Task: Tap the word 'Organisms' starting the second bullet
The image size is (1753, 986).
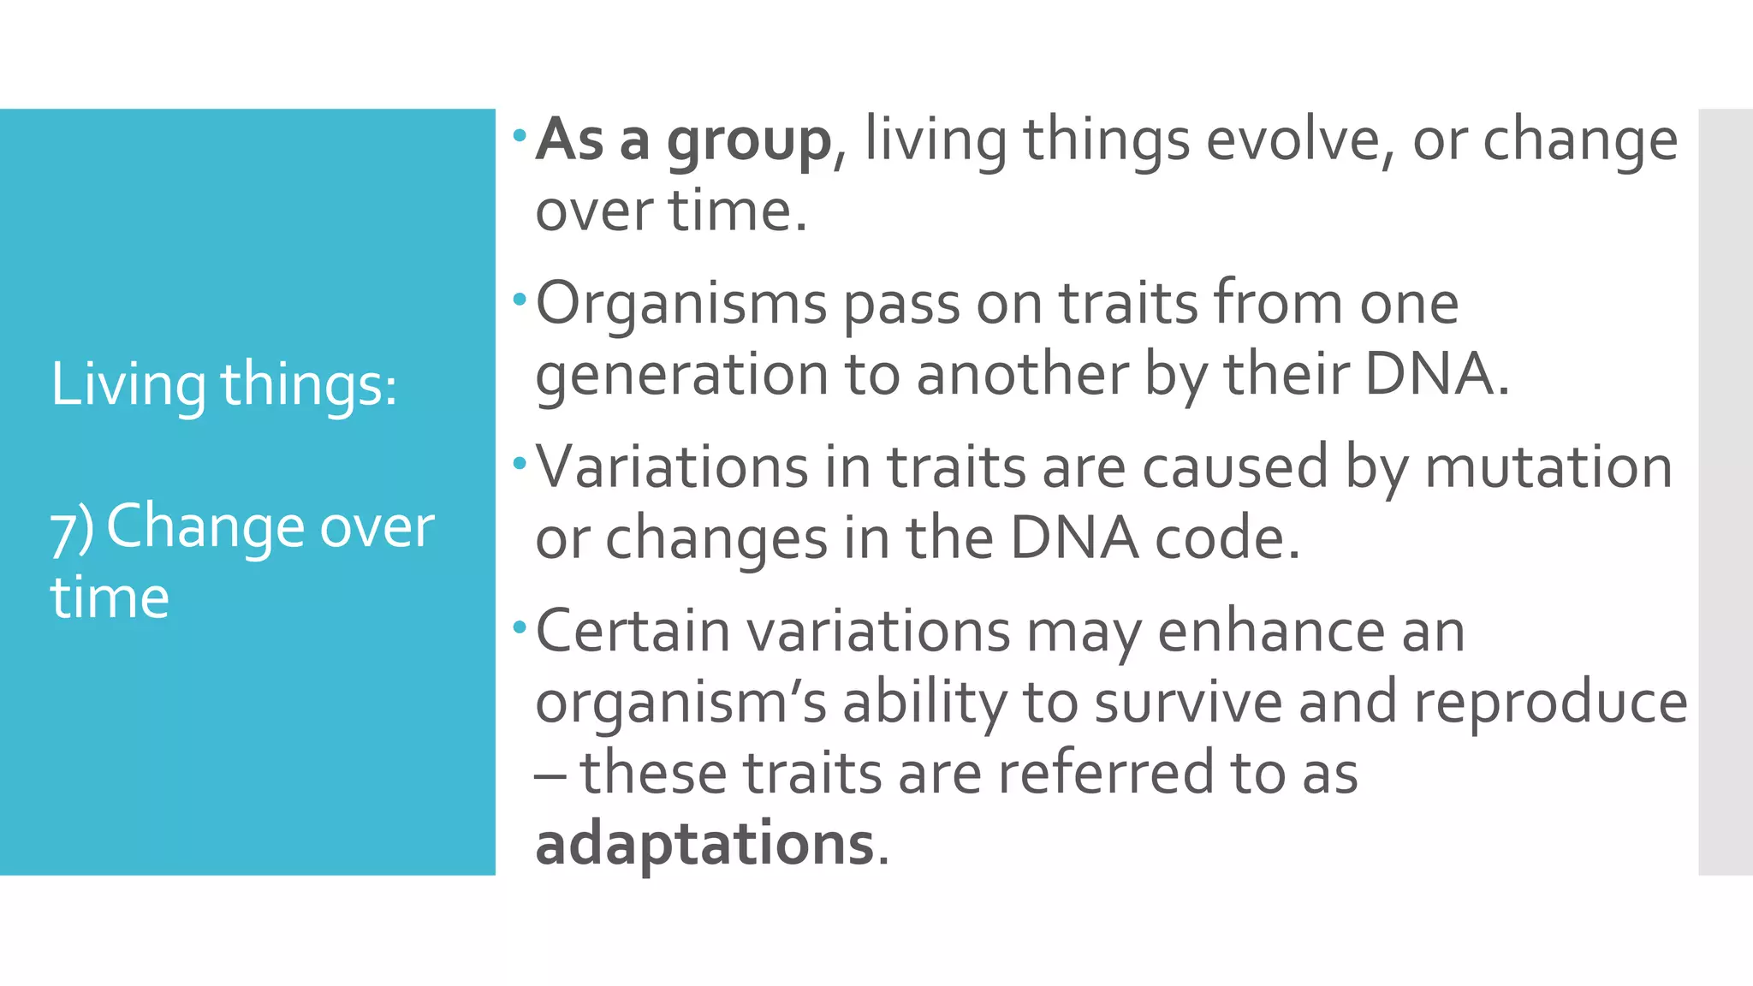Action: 681,305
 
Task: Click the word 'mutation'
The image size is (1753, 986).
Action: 1548,468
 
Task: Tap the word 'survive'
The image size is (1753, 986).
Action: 1188,703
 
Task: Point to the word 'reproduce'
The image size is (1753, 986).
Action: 1550,703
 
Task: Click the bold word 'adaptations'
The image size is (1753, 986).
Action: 704,844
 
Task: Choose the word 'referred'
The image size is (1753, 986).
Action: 1105,773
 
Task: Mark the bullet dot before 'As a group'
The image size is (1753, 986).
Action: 519,134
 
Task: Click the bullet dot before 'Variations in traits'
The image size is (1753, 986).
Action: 519,464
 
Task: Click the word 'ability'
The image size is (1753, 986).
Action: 924,703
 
